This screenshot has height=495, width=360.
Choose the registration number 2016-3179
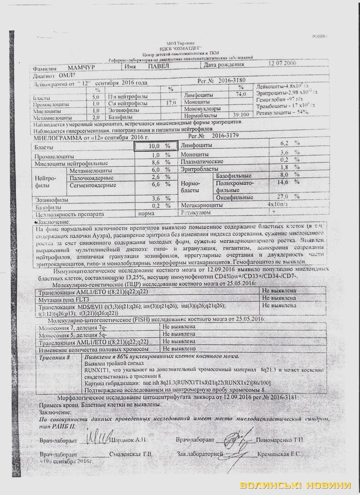pyautogui.click(x=226, y=137)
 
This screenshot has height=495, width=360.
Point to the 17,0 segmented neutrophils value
pyautogui.click(x=171, y=103)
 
